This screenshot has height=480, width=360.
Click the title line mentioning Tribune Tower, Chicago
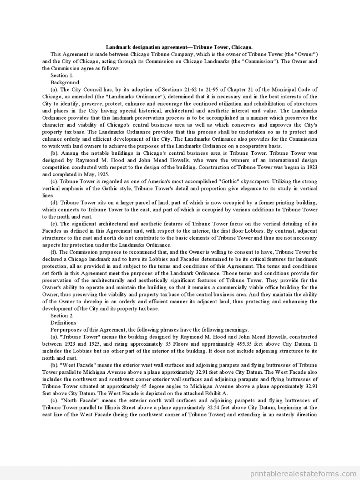(x=179, y=47)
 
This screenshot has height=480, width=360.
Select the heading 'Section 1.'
(x=61, y=75)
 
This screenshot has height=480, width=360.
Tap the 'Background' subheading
(x=65, y=82)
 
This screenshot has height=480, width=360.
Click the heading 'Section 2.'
(x=61, y=316)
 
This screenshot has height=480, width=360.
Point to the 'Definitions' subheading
(x=63, y=322)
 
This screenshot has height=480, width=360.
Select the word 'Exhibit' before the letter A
(x=210, y=393)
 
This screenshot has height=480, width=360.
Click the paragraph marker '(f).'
(x=54, y=252)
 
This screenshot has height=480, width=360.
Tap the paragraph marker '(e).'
(x=54, y=224)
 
